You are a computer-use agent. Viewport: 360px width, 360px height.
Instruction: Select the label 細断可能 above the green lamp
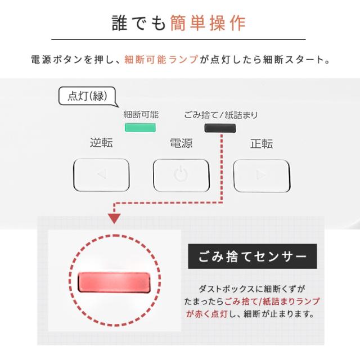[141, 115]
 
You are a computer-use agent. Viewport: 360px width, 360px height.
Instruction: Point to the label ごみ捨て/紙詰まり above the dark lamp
[220, 115]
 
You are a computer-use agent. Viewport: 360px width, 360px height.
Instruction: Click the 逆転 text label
[101, 143]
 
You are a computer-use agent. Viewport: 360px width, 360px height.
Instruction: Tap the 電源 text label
[181, 143]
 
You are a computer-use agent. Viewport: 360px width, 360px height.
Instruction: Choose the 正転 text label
[261, 143]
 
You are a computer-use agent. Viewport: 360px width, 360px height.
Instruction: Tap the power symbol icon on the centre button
[181, 174]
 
